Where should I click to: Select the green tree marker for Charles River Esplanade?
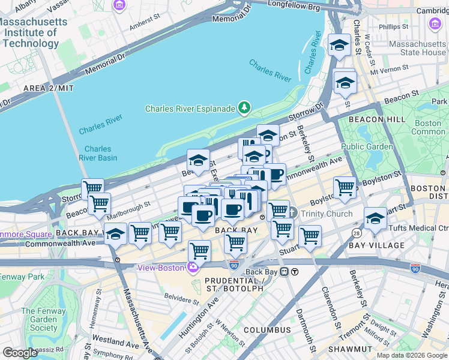click(x=244, y=108)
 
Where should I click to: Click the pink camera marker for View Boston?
click(x=193, y=268)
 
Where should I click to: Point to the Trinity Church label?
click(x=320, y=213)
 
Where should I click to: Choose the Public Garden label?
click(x=367, y=146)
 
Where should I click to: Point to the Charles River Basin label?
click(x=97, y=154)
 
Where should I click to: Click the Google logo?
click(x=20, y=353)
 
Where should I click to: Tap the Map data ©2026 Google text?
click(x=412, y=355)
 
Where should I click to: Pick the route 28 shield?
click(x=356, y=233)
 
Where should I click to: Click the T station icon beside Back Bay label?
click(x=295, y=272)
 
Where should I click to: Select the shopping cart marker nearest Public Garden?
click(x=345, y=187)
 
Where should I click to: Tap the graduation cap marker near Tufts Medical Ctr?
click(x=375, y=218)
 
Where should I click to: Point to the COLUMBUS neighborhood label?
click(x=267, y=330)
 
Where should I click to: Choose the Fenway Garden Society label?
click(x=39, y=319)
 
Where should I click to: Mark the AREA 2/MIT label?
click(x=48, y=88)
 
